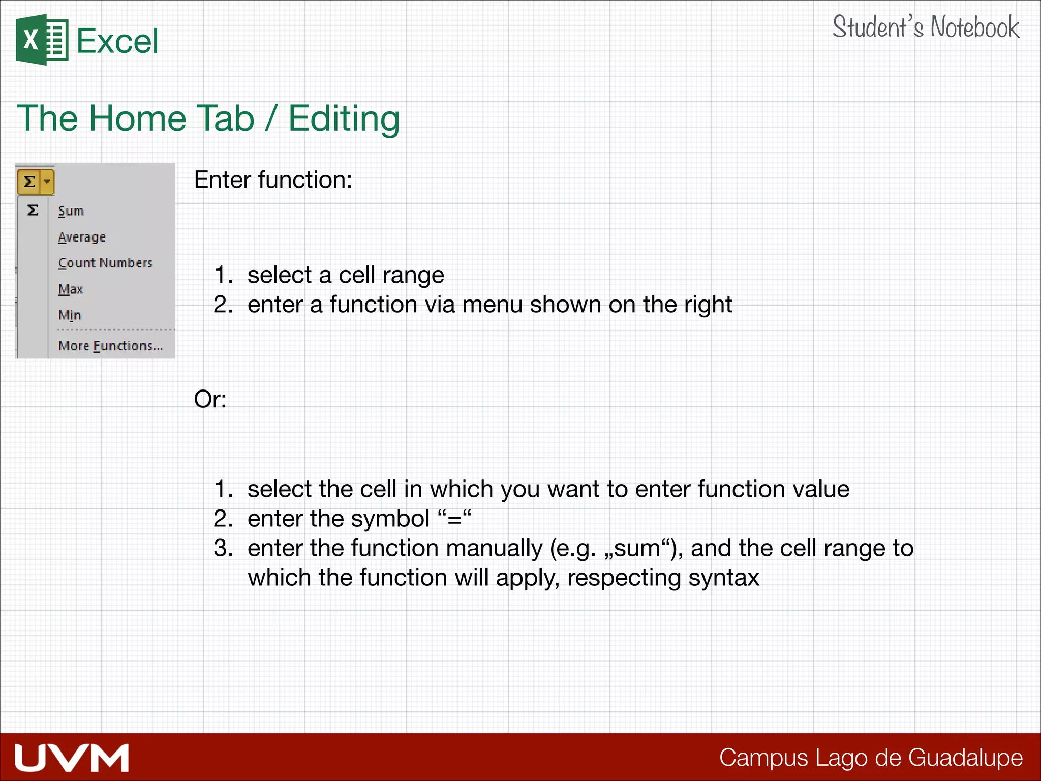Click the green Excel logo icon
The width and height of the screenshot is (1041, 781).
click(42, 40)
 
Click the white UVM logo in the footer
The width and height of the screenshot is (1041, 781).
click(72, 758)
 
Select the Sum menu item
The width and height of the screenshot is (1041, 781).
click(71, 211)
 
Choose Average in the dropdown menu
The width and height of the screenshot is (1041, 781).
click(82, 237)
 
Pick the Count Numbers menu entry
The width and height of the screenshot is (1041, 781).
click(105, 263)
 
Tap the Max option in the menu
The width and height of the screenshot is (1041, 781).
click(70, 289)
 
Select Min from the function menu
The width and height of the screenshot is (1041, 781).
click(70, 315)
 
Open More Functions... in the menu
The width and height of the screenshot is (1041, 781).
click(110, 346)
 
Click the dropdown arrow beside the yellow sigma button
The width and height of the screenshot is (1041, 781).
click(47, 182)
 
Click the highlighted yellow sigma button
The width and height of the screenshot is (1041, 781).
click(29, 182)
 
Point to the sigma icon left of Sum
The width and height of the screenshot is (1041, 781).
click(33, 210)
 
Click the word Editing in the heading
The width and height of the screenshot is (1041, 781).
click(344, 119)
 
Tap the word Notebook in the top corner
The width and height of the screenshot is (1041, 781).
click(975, 27)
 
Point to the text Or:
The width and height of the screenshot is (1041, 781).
click(210, 399)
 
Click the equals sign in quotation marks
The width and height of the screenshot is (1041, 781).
click(454, 519)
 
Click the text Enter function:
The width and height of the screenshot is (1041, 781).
click(273, 180)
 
